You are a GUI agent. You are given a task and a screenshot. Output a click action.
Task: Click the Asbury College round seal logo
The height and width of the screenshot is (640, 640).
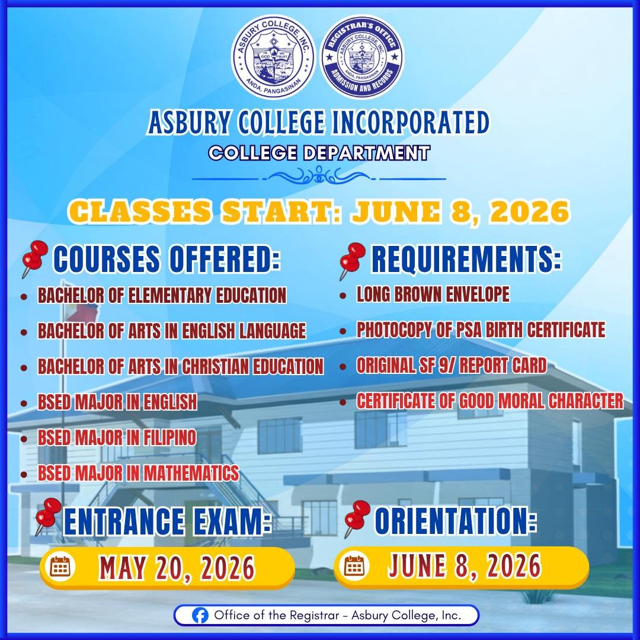click(273, 57)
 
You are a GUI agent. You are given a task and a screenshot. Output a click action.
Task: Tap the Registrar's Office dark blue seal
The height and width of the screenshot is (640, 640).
click(361, 57)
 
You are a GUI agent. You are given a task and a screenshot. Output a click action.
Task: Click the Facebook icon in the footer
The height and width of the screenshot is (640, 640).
click(201, 615)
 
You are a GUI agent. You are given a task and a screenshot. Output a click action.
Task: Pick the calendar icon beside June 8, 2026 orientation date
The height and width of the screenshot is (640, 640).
click(354, 566)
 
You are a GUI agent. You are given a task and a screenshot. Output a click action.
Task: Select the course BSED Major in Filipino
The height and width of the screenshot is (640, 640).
click(117, 439)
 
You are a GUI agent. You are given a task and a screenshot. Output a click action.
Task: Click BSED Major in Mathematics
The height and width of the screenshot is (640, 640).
click(138, 473)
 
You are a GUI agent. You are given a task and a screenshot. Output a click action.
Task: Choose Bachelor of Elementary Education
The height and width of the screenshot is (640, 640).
click(162, 295)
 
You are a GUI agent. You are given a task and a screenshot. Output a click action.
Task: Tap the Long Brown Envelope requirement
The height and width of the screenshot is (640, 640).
click(433, 295)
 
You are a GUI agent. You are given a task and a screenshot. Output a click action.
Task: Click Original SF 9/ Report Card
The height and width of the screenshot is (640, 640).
click(451, 366)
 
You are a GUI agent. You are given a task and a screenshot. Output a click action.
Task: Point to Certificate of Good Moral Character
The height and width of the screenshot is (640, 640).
click(489, 401)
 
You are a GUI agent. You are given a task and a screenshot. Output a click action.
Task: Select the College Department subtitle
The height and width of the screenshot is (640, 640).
click(319, 153)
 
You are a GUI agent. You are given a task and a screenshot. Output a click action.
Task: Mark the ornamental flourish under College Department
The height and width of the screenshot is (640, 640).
click(319, 176)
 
